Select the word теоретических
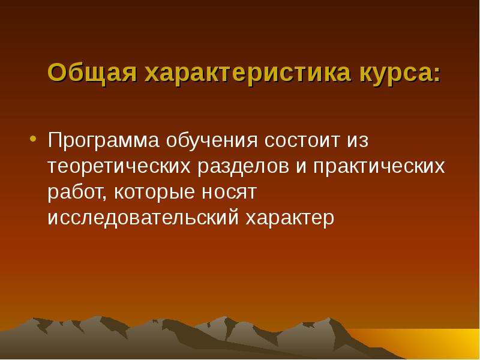click(x=118, y=167)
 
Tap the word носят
click(x=233, y=193)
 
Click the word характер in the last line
click(x=290, y=218)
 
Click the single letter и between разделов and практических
click(x=300, y=169)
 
